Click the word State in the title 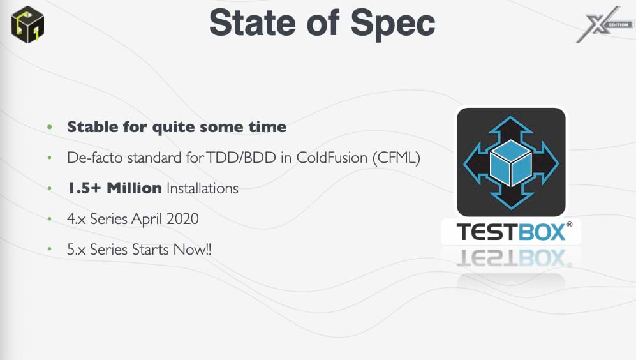click(252, 23)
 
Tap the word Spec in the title click(392, 24)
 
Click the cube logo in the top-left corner click(27, 24)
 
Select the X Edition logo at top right click(604, 24)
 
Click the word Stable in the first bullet click(93, 126)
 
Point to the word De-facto click(95, 158)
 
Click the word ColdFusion click(332, 158)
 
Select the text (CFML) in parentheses click(396, 158)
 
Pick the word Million click(134, 188)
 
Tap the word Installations click(202, 188)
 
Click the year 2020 click(182, 219)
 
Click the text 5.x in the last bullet click(77, 250)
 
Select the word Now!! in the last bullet click(192, 249)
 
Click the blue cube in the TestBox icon click(511, 163)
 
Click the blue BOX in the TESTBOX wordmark click(542, 232)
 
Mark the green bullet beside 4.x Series click(50, 219)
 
